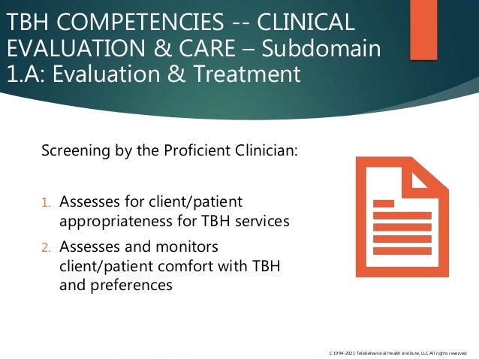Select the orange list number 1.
pos(46,202)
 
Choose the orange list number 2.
pos(46,247)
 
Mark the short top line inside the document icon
pos(384,203)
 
